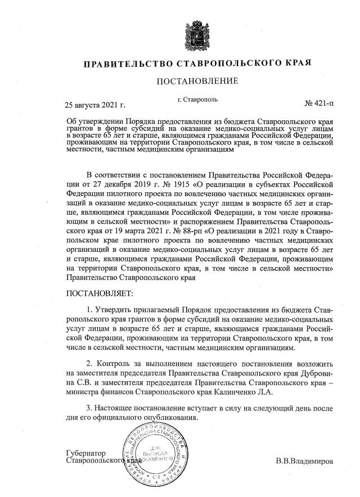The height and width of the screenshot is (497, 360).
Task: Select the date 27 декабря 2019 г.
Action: point(119,183)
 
